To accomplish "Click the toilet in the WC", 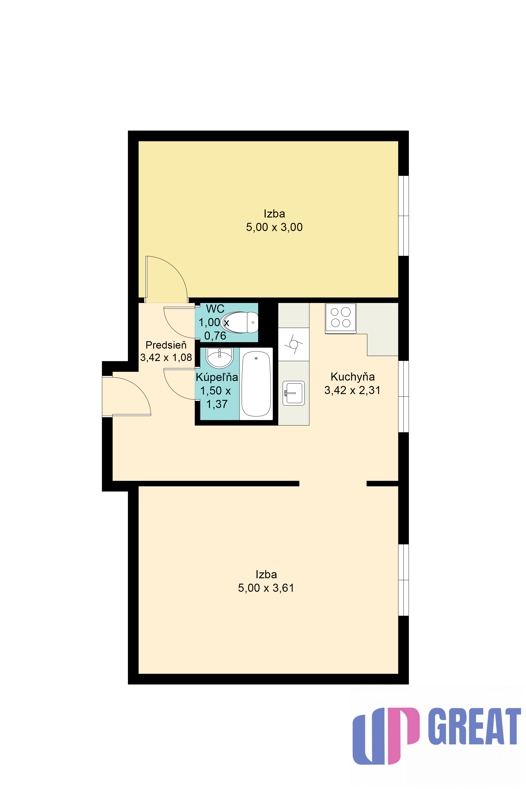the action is (239, 322).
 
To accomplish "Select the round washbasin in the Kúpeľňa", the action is (219, 358).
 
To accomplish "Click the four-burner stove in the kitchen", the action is (340, 318).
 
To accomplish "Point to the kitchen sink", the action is (293, 393).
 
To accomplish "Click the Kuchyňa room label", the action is (353, 377).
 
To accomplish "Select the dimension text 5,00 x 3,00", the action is (274, 227).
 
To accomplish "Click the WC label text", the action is (215, 309).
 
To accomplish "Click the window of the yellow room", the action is (404, 216).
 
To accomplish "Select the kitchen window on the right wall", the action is (404, 397).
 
